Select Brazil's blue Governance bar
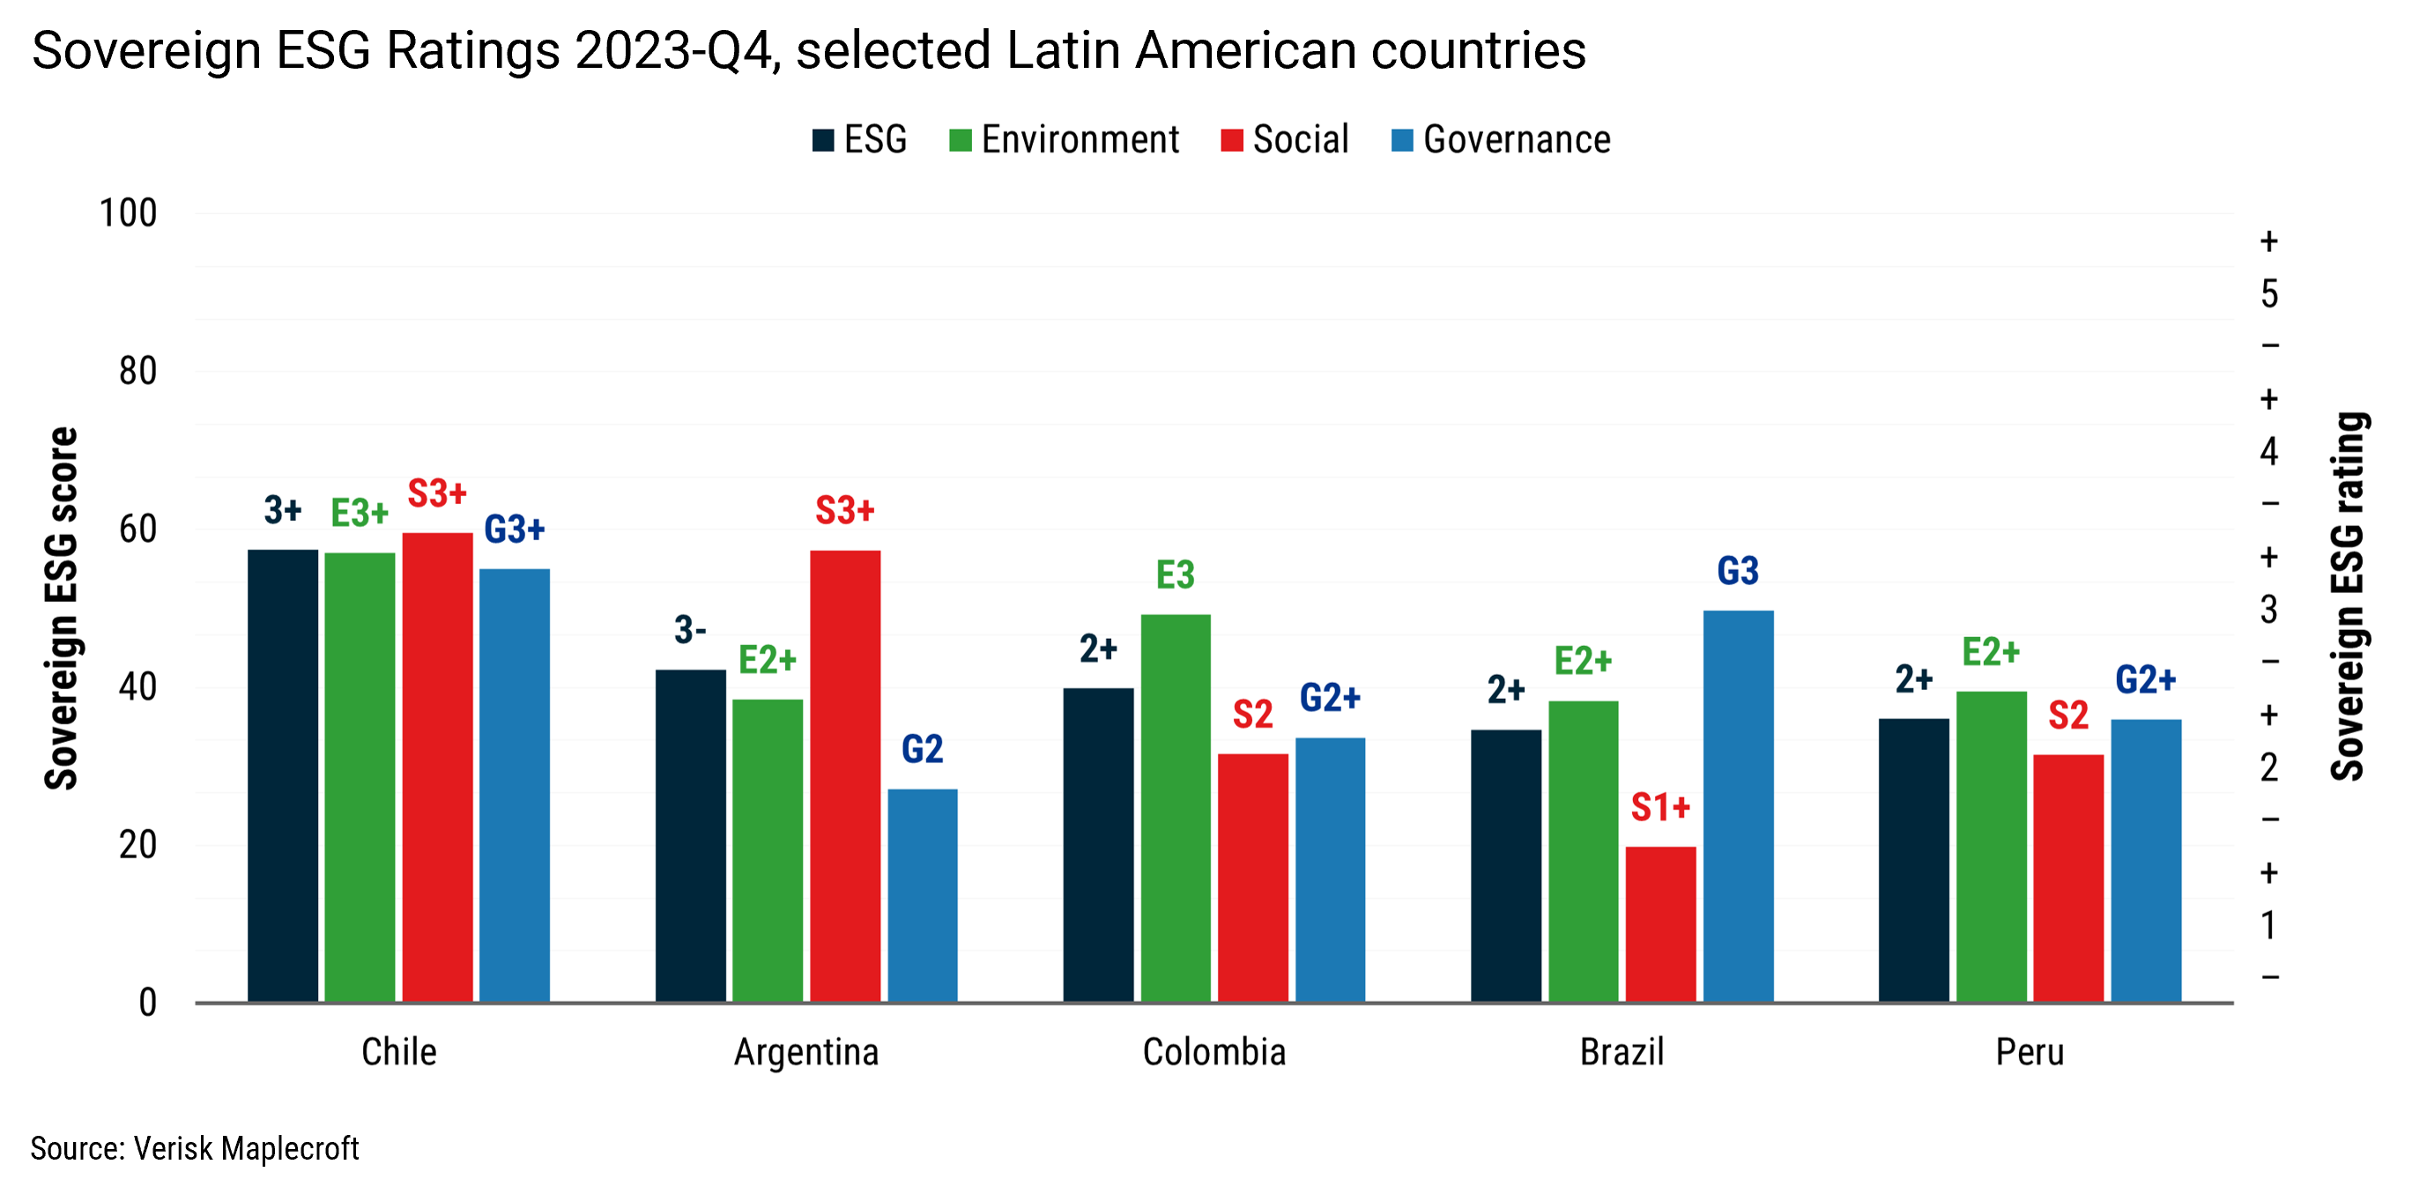pos(1738,805)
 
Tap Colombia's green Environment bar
pos(1175,807)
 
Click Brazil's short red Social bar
pos(1660,923)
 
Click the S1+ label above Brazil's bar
pos(1660,807)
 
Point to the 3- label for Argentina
pos(690,629)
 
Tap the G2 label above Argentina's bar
pos(922,749)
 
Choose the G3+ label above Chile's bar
pos(514,529)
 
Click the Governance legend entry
pos(1501,139)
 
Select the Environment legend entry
pos(1064,139)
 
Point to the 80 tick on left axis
pos(137,372)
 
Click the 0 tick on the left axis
pos(147,1003)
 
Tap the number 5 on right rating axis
pos(2268,294)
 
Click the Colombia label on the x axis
pos(1213,1051)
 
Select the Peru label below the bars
pos(2029,1051)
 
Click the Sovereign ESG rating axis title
pos(2348,596)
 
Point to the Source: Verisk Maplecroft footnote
pos(195,1148)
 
